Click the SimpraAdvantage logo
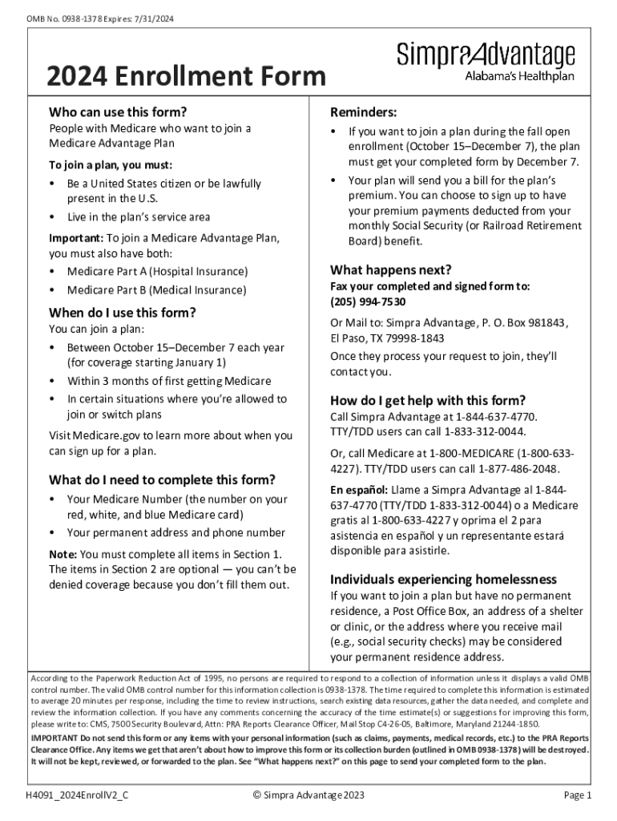(x=486, y=62)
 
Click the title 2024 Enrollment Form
(x=186, y=77)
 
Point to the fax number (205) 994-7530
(x=368, y=301)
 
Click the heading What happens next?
(x=391, y=269)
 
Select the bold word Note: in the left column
(x=63, y=554)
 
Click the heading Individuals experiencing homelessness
(x=444, y=579)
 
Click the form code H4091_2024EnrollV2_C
(x=77, y=795)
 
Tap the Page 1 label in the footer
(x=577, y=795)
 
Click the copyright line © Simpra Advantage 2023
(x=308, y=795)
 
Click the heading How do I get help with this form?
(x=428, y=400)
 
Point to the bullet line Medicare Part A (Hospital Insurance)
(x=157, y=272)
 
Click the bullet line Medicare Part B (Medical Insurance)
(x=156, y=289)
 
